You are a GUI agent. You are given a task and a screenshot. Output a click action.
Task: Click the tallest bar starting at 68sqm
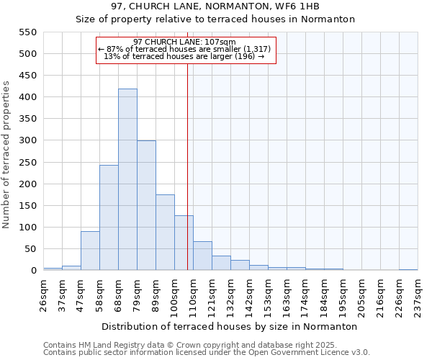click(x=127, y=180)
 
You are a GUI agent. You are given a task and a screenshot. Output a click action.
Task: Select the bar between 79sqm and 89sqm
click(x=146, y=206)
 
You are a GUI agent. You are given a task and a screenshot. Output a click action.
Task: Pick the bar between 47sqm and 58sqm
click(x=90, y=251)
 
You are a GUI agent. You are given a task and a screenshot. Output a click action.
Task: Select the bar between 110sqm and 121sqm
click(x=202, y=256)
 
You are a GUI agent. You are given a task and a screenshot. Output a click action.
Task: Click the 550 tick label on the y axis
click(x=27, y=32)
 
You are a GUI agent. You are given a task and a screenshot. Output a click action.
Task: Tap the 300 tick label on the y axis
click(x=27, y=141)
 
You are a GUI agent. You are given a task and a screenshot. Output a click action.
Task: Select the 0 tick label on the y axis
click(x=32, y=271)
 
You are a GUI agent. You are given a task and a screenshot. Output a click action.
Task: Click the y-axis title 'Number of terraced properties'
click(x=6, y=155)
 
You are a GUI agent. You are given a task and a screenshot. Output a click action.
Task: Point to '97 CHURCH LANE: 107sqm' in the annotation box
click(x=184, y=42)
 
